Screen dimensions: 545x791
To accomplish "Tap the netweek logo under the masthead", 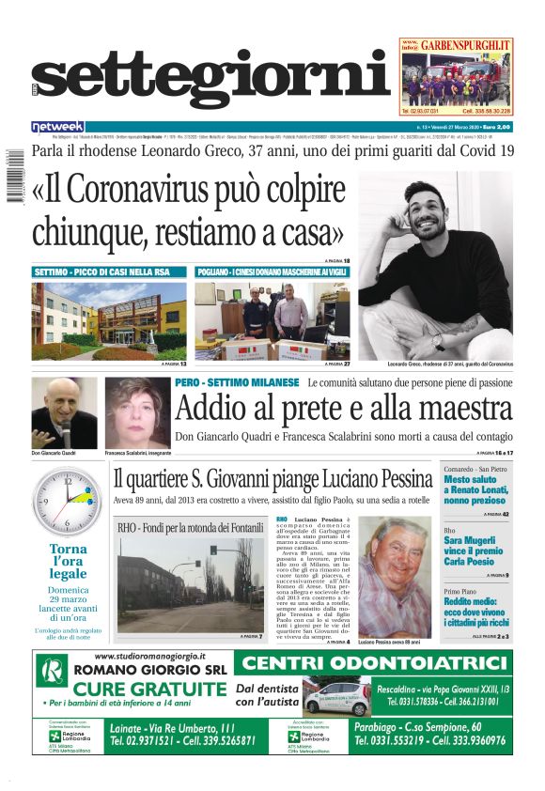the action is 58,126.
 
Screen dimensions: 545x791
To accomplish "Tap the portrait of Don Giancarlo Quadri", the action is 63,412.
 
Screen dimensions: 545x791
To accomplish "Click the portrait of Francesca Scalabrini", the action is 137,413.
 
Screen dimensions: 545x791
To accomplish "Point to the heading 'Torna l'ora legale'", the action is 68,561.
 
